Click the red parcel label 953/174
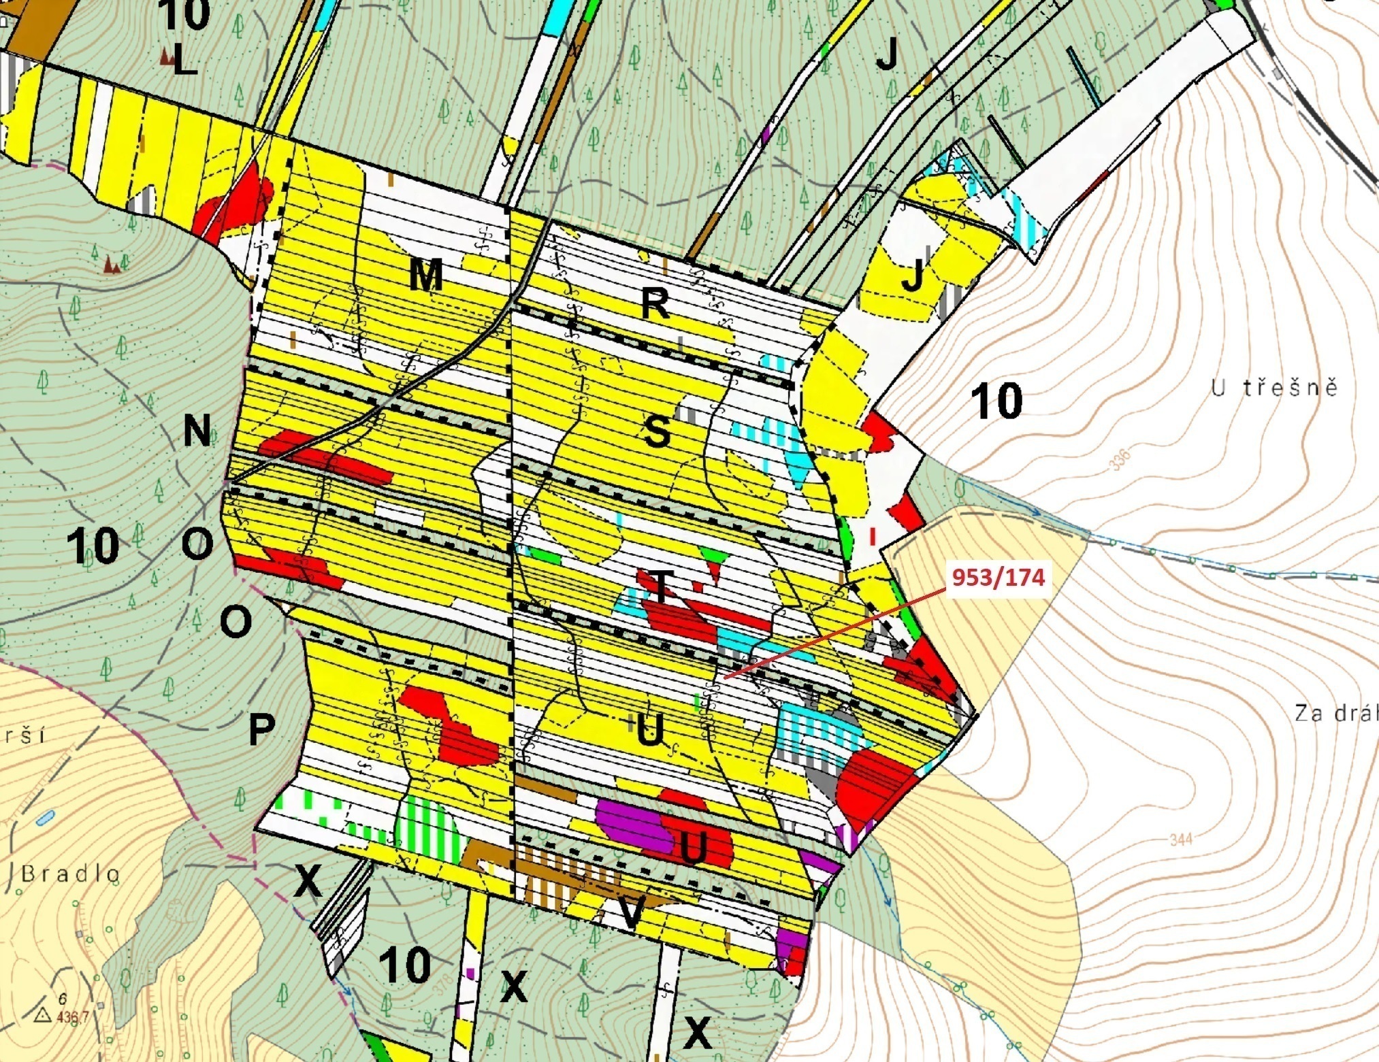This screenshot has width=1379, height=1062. [x=998, y=578]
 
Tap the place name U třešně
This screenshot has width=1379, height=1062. [x=1273, y=388]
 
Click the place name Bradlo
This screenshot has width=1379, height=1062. [x=71, y=874]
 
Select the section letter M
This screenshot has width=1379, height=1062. [x=426, y=276]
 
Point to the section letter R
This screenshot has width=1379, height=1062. [x=655, y=304]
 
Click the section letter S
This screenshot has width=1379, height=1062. [x=657, y=432]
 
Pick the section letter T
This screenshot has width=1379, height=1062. [x=660, y=585]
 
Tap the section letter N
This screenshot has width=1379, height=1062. [x=197, y=431]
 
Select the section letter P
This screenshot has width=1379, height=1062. [x=261, y=729]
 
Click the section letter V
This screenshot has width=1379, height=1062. [x=632, y=913]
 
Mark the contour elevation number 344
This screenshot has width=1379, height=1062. [x=1181, y=840]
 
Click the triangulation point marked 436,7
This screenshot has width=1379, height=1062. [x=44, y=1015]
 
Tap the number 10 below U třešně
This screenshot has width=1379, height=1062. [x=996, y=401]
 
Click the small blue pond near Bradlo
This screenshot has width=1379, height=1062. [x=45, y=818]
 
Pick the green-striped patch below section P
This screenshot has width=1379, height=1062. [x=429, y=826]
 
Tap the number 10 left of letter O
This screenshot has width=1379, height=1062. [x=93, y=546]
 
